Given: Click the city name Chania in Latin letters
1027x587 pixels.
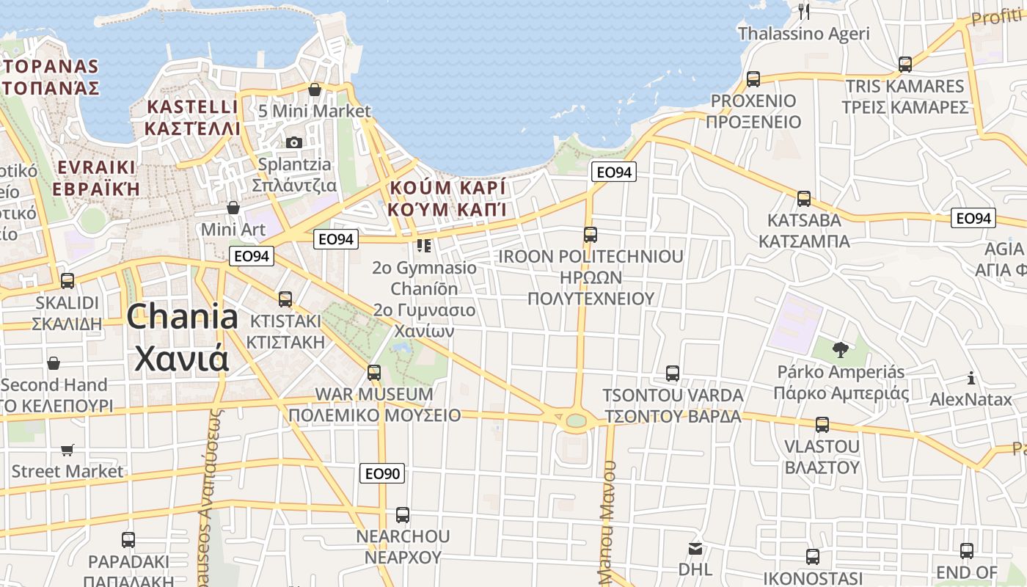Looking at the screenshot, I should [x=183, y=317].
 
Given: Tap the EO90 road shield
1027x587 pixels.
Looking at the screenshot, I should [x=383, y=474].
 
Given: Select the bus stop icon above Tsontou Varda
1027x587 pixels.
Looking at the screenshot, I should [x=673, y=373].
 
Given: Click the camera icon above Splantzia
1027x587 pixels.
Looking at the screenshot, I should [x=294, y=142].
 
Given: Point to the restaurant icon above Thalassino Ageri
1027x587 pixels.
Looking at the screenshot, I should [x=804, y=11].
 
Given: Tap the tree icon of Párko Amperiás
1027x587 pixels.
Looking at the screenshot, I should [x=841, y=350].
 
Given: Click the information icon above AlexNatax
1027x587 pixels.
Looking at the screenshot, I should [x=971, y=379].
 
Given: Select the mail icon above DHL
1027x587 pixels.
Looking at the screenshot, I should [x=695, y=548].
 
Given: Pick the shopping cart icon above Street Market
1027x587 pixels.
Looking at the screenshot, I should [x=67, y=450].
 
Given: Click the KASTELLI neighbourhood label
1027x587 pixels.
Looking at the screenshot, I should [x=193, y=107].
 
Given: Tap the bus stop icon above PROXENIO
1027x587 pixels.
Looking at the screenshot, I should [x=753, y=79].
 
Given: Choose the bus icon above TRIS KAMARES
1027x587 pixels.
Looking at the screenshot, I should [x=905, y=65].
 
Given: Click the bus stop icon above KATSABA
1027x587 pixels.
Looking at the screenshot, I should [x=804, y=199].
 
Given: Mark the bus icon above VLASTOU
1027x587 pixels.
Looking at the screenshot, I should [x=822, y=425].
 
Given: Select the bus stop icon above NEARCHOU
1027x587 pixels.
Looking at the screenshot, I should [x=403, y=515].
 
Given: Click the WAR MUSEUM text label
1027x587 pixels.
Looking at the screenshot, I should [x=374, y=394].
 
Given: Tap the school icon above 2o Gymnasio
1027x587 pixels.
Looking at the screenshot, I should [x=423, y=246].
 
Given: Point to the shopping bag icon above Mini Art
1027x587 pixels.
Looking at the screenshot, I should [x=233, y=208].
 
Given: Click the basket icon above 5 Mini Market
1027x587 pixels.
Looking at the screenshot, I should [x=315, y=90].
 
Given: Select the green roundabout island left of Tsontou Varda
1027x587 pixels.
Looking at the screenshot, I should [x=577, y=420].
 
